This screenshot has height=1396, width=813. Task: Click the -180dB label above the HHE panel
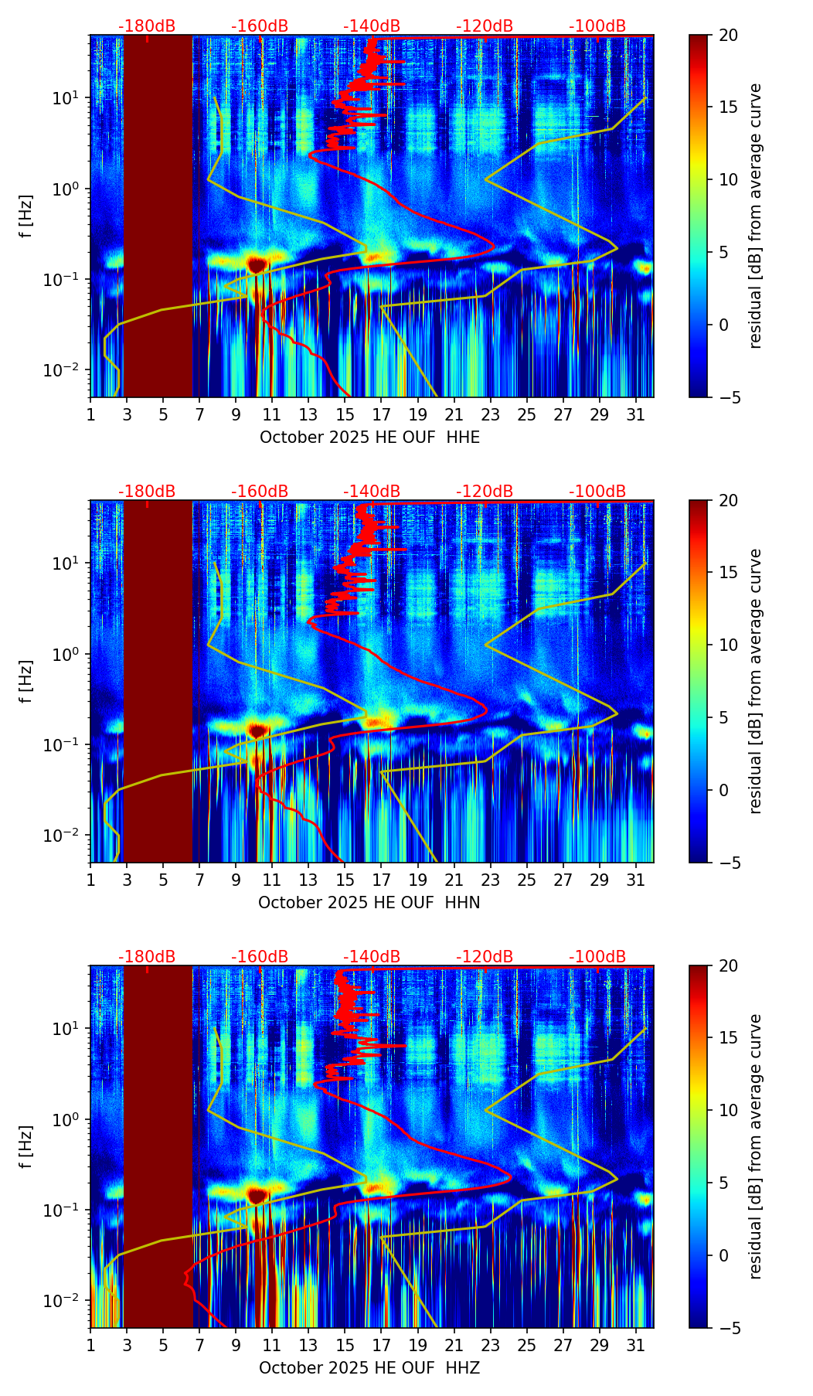point(147,26)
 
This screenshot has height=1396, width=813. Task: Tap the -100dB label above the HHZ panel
point(597,957)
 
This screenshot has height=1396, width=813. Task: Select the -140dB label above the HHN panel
point(372,492)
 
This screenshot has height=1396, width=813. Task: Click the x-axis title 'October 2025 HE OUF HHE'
point(369,438)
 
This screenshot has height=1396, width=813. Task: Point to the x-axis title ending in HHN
point(369,903)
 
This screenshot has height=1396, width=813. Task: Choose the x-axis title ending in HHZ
point(369,1368)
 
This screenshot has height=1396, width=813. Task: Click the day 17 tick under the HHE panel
point(382,414)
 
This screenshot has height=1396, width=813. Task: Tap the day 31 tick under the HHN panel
point(636,880)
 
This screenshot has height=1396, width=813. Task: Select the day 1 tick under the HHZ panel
point(91,1345)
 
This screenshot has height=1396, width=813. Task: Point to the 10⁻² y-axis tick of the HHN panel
point(70,836)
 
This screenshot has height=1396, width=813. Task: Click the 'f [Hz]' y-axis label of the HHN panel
point(27,681)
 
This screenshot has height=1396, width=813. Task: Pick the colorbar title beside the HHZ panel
point(755,1146)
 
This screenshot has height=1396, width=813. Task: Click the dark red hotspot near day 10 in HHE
point(257,264)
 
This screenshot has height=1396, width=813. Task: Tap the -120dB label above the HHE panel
point(485,26)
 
